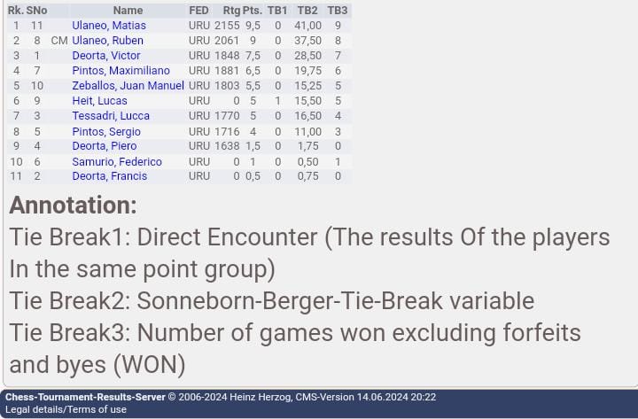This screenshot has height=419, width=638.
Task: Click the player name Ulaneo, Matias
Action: [109, 25]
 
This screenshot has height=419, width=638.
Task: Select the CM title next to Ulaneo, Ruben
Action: [59, 40]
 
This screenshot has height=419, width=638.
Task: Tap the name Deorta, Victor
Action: [106, 55]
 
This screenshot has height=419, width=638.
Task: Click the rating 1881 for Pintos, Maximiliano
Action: [227, 70]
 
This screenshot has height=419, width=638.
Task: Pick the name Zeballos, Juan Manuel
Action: [128, 85]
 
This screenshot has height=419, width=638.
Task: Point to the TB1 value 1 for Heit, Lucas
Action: [278, 100]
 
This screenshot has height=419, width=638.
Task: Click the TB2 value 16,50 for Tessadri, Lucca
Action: [308, 115]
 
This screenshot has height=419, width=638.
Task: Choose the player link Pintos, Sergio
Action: [106, 131]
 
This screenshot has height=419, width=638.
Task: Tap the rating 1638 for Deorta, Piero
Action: [227, 145]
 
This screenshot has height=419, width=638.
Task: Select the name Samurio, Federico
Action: [117, 161]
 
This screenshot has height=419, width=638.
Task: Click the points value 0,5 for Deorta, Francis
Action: [253, 175]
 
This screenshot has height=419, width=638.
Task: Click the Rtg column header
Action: [231, 11]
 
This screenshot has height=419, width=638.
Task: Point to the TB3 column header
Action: [338, 10]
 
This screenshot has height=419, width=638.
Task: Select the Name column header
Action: [128, 10]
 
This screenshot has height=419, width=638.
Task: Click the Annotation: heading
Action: [74, 205]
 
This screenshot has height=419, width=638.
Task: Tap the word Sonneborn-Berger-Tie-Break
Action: [290, 301]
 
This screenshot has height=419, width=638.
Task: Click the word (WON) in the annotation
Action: [150, 364]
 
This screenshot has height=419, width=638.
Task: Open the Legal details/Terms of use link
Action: [66, 409]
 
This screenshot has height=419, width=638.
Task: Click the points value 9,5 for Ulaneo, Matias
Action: [253, 25]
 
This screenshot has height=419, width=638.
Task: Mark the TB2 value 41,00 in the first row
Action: [308, 25]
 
